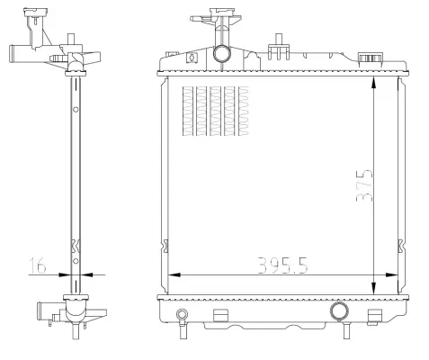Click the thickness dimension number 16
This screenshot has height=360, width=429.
click(35, 266)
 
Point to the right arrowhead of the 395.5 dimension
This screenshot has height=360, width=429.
click(392, 274)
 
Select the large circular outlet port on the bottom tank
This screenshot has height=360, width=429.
click(339, 311)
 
